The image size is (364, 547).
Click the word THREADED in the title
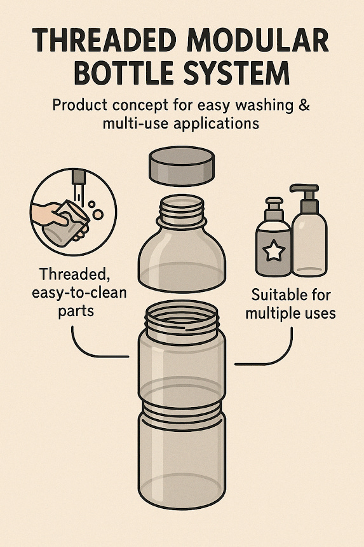(104, 41)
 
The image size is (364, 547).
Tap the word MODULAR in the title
(258, 41)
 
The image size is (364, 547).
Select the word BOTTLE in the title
(124, 73)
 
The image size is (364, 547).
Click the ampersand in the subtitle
(304, 105)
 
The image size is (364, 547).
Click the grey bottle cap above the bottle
(182, 166)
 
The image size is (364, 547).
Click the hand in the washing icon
(49, 214)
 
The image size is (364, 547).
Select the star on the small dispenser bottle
(274, 250)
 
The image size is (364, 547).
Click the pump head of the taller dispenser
(305, 193)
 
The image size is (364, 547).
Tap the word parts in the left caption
(76, 310)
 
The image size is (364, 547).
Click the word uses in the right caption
(320, 313)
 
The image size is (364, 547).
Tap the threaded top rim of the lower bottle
(182, 319)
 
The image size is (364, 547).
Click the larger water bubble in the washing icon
(98, 214)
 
